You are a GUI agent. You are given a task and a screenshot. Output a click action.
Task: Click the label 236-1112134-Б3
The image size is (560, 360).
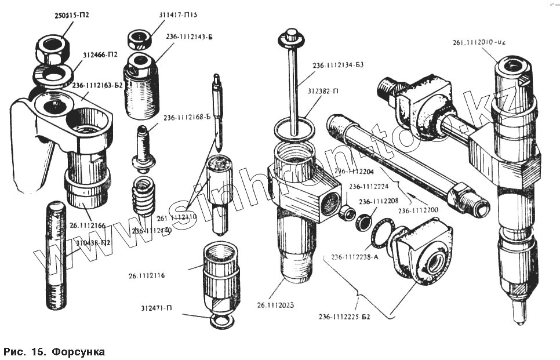click(x=338, y=65)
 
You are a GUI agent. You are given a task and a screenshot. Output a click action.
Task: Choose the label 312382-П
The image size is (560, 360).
click(x=330, y=92)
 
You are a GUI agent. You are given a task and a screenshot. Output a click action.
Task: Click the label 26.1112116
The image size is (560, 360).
click(x=147, y=275)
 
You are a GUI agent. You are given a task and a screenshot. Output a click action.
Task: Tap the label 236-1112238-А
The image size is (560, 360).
click(x=355, y=257)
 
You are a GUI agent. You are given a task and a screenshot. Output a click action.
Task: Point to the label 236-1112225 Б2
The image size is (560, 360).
click(x=344, y=317)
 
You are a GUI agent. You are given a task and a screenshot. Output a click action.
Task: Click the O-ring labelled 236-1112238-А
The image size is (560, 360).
click(x=381, y=234)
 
